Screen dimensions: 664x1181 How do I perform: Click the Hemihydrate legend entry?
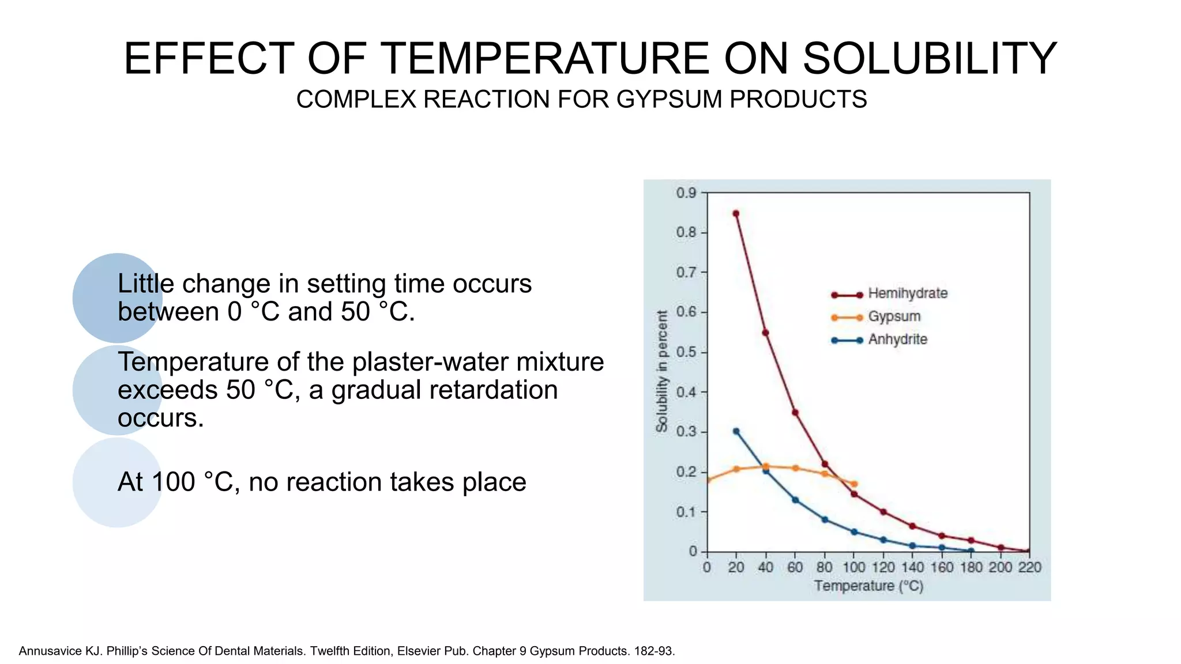pyautogui.click(x=907, y=293)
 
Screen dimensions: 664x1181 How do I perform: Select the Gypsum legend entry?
pyautogui.click(x=894, y=316)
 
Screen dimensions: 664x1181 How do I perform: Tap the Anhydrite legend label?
pyautogui.click(x=897, y=339)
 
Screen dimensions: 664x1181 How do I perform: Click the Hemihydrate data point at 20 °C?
pyautogui.click(x=736, y=214)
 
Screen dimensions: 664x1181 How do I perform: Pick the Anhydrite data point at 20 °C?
pyautogui.click(x=736, y=431)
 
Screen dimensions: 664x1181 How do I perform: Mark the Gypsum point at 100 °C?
pyautogui.click(x=854, y=484)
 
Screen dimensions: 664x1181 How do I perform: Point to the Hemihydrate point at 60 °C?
pyautogui.click(x=795, y=413)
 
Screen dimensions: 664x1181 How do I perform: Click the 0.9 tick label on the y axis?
pyautogui.click(x=686, y=193)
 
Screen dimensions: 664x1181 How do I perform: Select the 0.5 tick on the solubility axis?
pyautogui.click(x=686, y=352)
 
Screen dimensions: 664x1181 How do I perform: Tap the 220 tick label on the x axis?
pyautogui.click(x=1029, y=568)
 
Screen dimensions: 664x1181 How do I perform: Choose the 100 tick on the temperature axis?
pyautogui.click(x=853, y=568)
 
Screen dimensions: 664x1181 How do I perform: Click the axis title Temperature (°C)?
pyautogui.click(x=868, y=586)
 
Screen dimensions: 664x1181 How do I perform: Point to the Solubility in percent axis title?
pyautogui.click(x=662, y=371)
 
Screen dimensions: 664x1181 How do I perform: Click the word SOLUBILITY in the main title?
pyautogui.click(x=930, y=59)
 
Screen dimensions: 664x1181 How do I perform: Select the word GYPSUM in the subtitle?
pyautogui.click(x=670, y=100)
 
